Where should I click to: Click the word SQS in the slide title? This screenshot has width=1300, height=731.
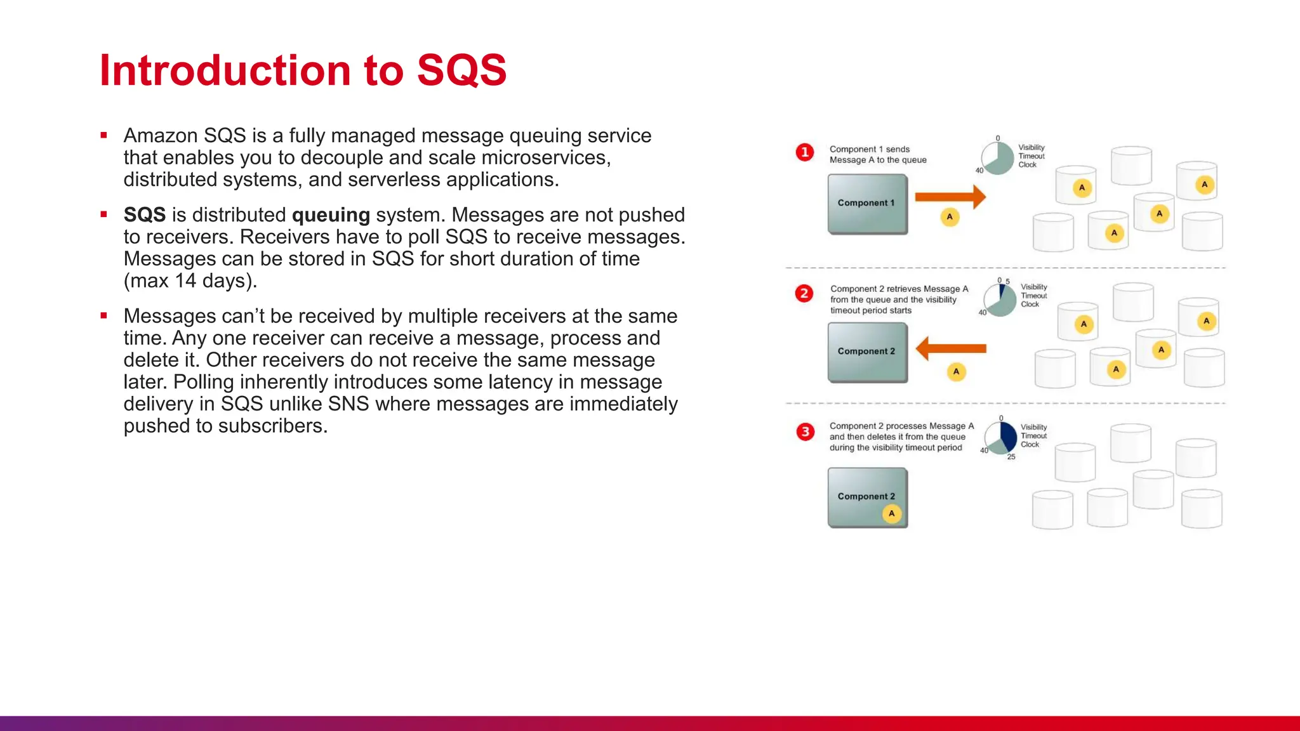tap(461, 70)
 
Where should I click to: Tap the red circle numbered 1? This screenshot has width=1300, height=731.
tap(805, 152)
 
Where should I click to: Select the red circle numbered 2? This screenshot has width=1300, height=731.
tap(804, 293)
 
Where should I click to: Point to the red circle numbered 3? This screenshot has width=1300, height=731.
tap(805, 432)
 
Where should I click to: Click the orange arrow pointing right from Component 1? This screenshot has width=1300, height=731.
tap(950, 197)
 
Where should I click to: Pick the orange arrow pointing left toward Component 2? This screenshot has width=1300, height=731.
tap(951, 348)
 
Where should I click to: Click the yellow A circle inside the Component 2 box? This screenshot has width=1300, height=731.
tap(892, 513)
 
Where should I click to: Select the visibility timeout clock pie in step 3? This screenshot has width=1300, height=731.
tap(1001, 437)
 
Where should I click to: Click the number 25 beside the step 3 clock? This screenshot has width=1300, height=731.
tap(1011, 457)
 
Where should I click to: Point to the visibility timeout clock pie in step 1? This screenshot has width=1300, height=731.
tap(998, 158)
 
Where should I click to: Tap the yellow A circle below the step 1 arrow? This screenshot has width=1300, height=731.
tap(950, 217)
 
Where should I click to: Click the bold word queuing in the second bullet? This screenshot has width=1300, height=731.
tap(331, 215)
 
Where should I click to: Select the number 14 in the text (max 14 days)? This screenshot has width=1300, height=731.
tap(185, 280)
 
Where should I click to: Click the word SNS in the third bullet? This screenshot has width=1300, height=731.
tap(348, 404)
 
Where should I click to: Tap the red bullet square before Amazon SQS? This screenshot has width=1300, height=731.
tap(103, 135)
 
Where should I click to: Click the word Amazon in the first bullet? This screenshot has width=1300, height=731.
tap(161, 136)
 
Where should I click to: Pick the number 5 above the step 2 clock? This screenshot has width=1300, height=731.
tap(1007, 281)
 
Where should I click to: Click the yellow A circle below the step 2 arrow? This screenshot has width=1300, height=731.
tap(956, 372)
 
